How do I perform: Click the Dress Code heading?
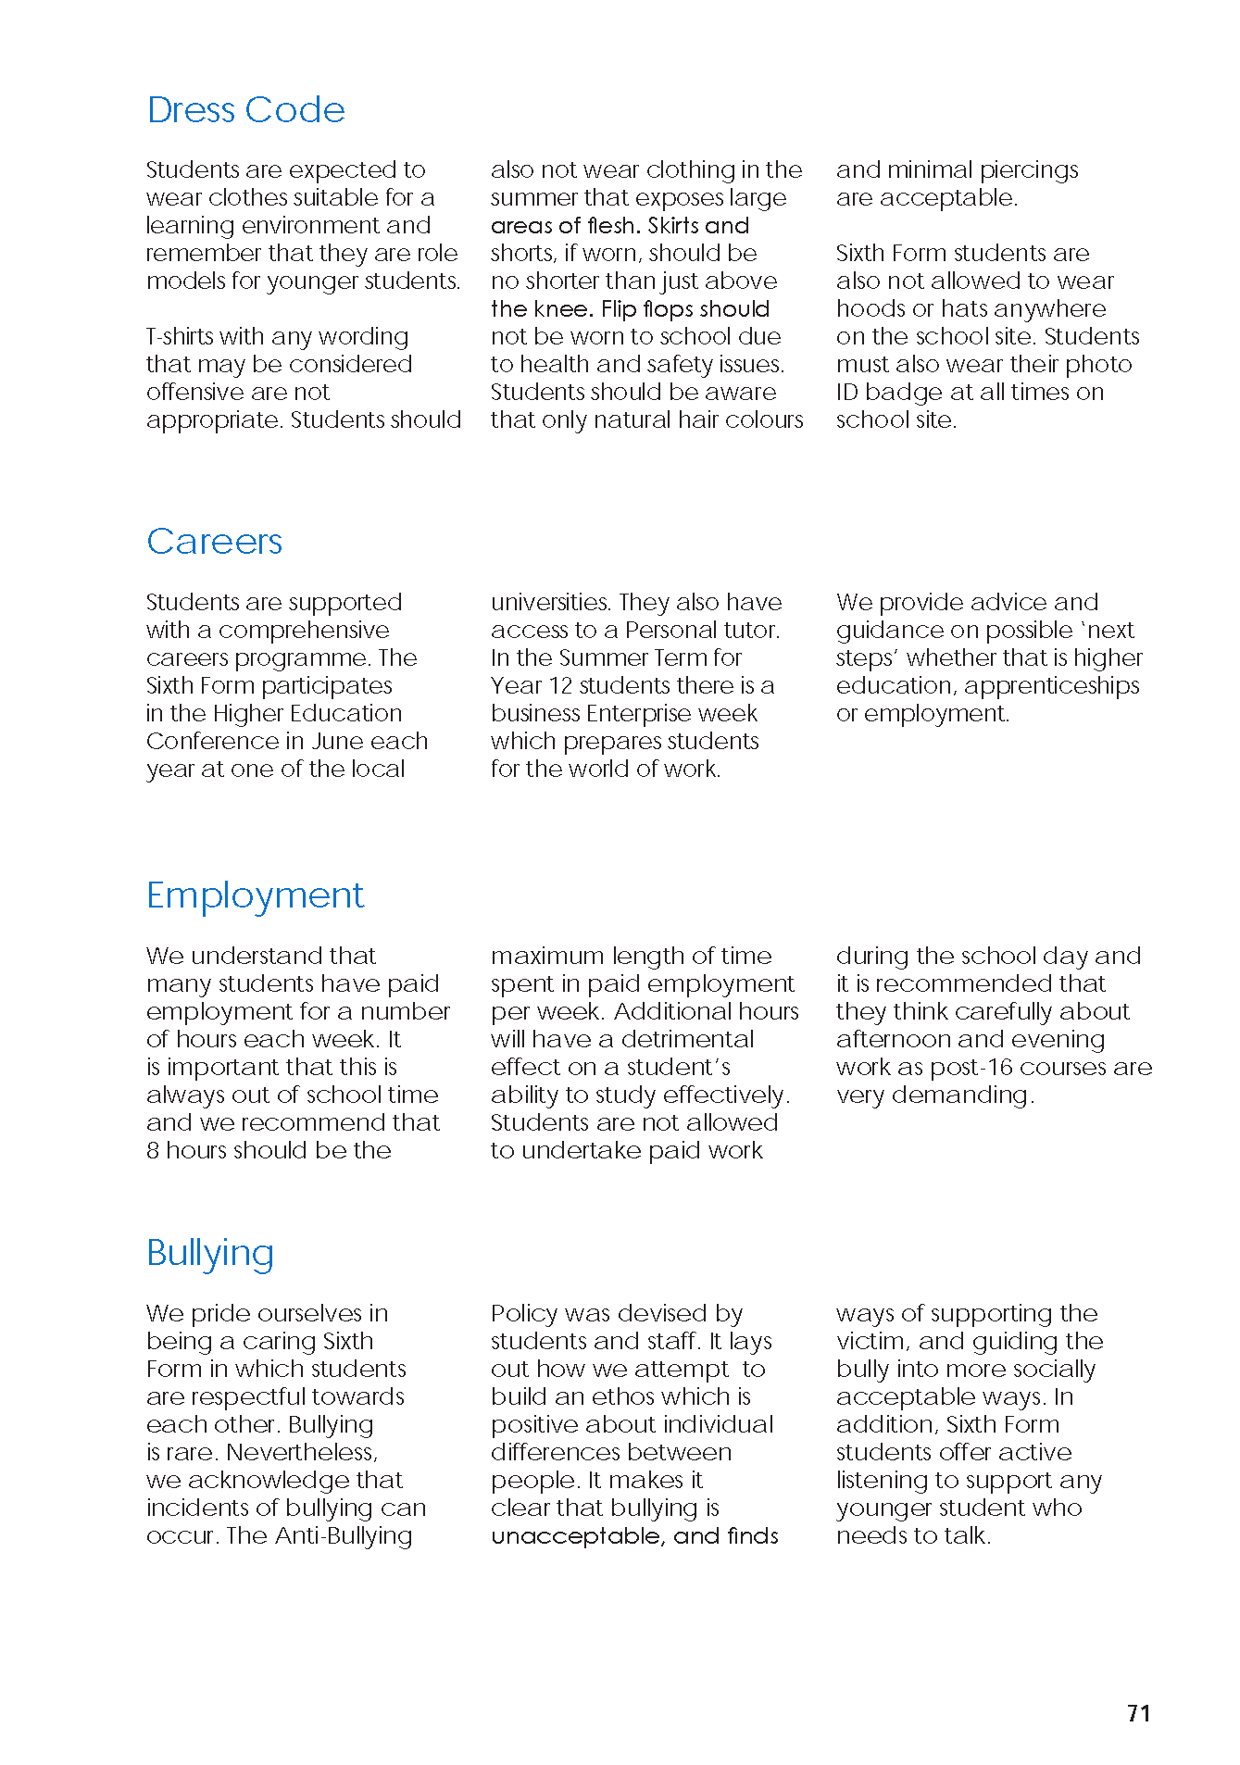pos(245,110)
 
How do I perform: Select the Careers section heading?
pos(214,542)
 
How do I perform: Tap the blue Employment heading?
pos(255,895)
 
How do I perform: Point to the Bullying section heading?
pos(210,1253)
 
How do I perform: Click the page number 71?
pos(1138,1713)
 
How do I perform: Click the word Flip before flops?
pos(619,309)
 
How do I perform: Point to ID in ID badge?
pos(847,393)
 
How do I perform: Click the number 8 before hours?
pos(153,1151)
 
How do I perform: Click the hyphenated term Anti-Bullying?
pos(344,1536)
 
